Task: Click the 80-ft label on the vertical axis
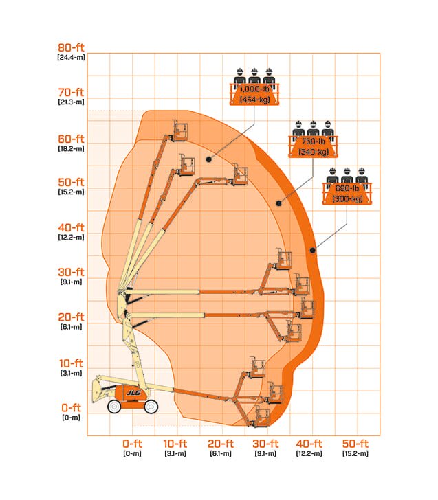point(71,47)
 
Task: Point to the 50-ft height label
point(71,182)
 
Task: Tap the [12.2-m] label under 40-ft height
point(71,237)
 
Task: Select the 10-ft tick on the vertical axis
point(71,363)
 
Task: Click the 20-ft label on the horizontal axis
point(221,444)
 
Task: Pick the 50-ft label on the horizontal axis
point(355,444)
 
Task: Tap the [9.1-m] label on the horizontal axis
point(265,453)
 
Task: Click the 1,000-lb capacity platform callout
point(254,87)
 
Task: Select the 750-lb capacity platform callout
point(313,139)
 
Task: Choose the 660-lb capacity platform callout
point(347,186)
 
